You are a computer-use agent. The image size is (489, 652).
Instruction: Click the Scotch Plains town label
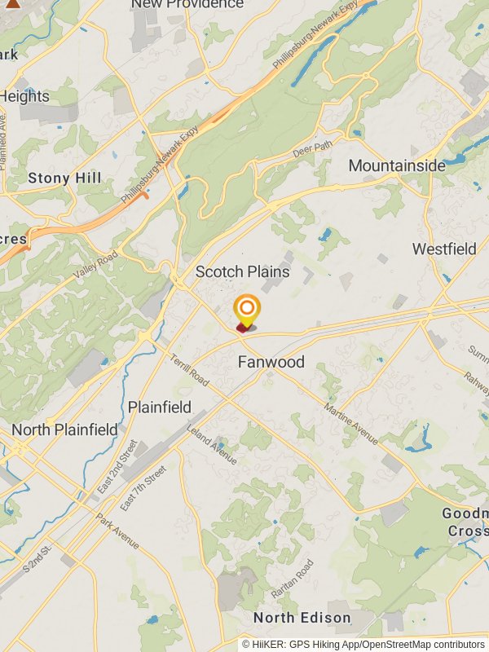(242, 271)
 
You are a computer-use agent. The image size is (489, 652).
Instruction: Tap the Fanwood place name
(271, 362)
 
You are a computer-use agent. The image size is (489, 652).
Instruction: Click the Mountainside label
(397, 165)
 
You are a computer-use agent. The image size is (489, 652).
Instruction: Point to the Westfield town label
(444, 249)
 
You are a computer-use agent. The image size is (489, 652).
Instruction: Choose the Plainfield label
(160, 407)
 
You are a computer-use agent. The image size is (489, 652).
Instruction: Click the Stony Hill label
(64, 178)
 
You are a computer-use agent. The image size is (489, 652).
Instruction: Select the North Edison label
(302, 617)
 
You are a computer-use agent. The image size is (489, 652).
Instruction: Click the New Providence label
(187, 4)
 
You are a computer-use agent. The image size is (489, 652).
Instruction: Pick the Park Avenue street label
(117, 531)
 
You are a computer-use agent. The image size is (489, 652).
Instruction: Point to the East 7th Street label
(143, 488)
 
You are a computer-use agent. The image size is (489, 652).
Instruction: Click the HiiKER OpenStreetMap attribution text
(363, 644)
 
